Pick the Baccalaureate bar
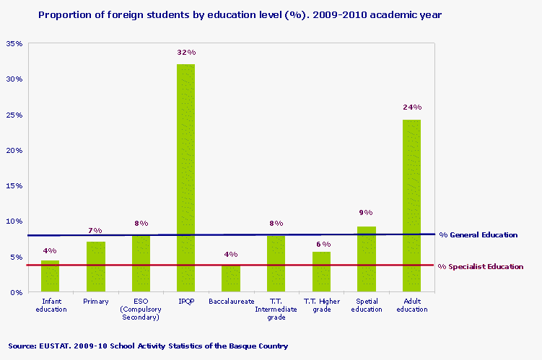click(231, 278)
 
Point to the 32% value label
click(186, 53)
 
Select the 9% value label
click(366, 213)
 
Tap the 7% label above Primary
click(95, 230)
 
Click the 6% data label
click(322, 245)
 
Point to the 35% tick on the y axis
click(14, 44)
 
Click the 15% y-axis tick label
click(14, 185)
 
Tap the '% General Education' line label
click(478, 234)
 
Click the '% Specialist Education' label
click(481, 266)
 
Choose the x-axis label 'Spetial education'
click(366, 305)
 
